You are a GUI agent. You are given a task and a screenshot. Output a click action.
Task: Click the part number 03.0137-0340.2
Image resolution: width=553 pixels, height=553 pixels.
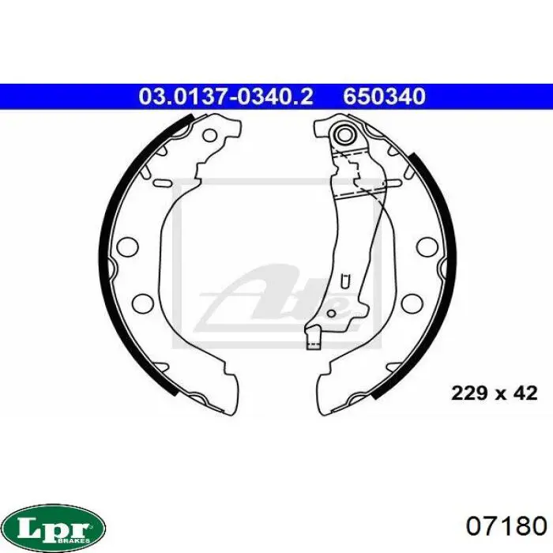coord(226,96)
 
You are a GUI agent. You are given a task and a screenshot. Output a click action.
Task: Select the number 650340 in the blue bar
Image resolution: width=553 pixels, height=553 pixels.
coord(385,96)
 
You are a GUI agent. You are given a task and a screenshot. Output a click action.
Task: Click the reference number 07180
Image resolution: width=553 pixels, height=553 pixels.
coord(506,527)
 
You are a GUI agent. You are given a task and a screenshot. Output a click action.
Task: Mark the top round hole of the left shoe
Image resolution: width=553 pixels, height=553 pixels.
coord(210,135)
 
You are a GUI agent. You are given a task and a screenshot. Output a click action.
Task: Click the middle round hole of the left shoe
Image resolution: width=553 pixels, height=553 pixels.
coord(126,245)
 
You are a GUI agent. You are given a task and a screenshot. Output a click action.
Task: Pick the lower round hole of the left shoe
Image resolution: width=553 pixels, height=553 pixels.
coord(143,303)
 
